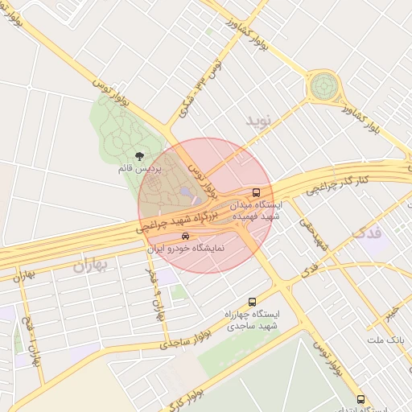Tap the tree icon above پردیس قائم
point(140,156)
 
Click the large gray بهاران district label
point(89,266)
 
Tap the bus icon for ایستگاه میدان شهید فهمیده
point(256,192)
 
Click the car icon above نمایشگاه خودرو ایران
point(186,236)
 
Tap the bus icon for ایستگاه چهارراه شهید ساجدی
point(253,301)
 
